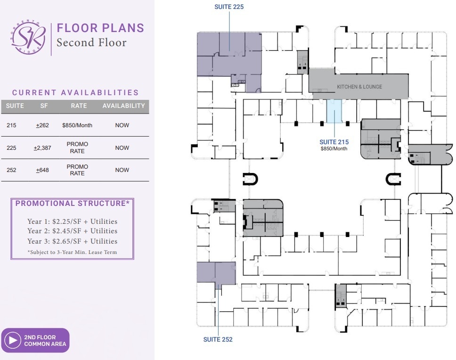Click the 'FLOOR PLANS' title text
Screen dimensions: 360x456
(100, 28)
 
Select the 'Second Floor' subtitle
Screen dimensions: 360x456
(91, 43)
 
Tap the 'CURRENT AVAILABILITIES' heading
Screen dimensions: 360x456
(75, 93)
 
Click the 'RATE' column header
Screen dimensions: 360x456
(79, 106)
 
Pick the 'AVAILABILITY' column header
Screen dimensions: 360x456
(123, 106)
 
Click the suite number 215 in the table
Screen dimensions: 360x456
(12, 125)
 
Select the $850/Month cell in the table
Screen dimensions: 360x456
(77, 125)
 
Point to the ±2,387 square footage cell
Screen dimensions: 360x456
(42, 148)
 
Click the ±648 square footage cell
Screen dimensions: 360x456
(42, 170)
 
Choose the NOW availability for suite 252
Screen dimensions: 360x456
(122, 170)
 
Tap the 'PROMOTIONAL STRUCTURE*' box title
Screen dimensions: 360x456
(73, 204)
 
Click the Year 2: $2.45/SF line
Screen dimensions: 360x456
(73, 231)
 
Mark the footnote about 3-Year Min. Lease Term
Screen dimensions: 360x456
(73, 252)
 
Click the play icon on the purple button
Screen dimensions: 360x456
(12, 340)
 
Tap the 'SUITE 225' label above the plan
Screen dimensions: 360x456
(229, 7)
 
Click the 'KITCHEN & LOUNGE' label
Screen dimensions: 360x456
(359, 87)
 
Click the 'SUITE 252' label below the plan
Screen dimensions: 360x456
(218, 339)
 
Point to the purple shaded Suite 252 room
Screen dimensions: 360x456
(215, 273)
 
